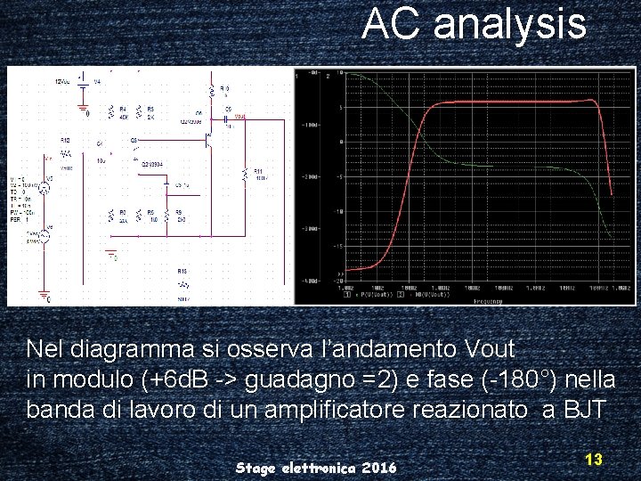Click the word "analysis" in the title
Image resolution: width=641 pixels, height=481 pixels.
(509, 25)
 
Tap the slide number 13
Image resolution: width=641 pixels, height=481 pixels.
(594, 460)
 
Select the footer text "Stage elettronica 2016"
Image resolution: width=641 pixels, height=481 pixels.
(316, 468)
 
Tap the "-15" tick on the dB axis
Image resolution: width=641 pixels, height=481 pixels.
(339, 243)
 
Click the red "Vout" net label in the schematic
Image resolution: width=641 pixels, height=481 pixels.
(240, 116)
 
